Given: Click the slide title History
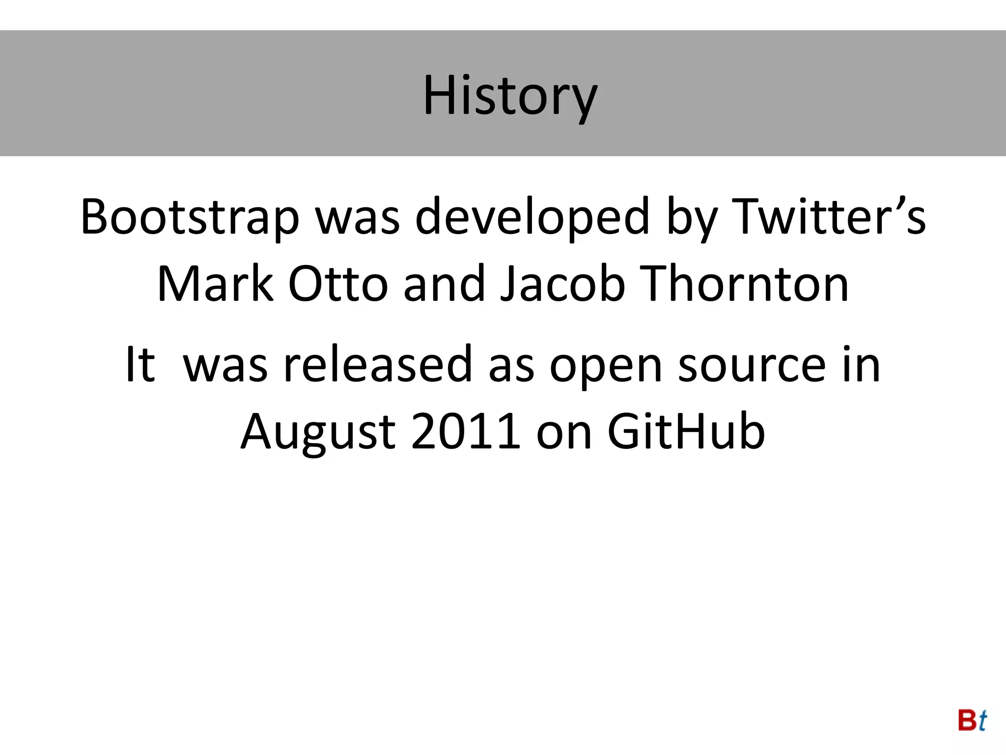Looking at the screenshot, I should click(x=510, y=95).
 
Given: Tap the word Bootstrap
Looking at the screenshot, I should click(x=190, y=217).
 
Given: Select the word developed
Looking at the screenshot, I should click(x=532, y=217).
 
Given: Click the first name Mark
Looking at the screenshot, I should click(x=215, y=284).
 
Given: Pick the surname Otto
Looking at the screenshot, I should click(x=338, y=284).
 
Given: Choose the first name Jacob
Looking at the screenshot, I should click(x=562, y=284).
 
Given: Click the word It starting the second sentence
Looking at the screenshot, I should click(x=140, y=364).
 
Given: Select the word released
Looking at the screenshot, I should click(x=378, y=364).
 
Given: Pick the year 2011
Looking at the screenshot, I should click(x=466, y=432).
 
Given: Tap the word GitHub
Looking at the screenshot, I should click(x=686, y=432).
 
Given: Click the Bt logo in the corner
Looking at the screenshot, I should click(x=972, y=721).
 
